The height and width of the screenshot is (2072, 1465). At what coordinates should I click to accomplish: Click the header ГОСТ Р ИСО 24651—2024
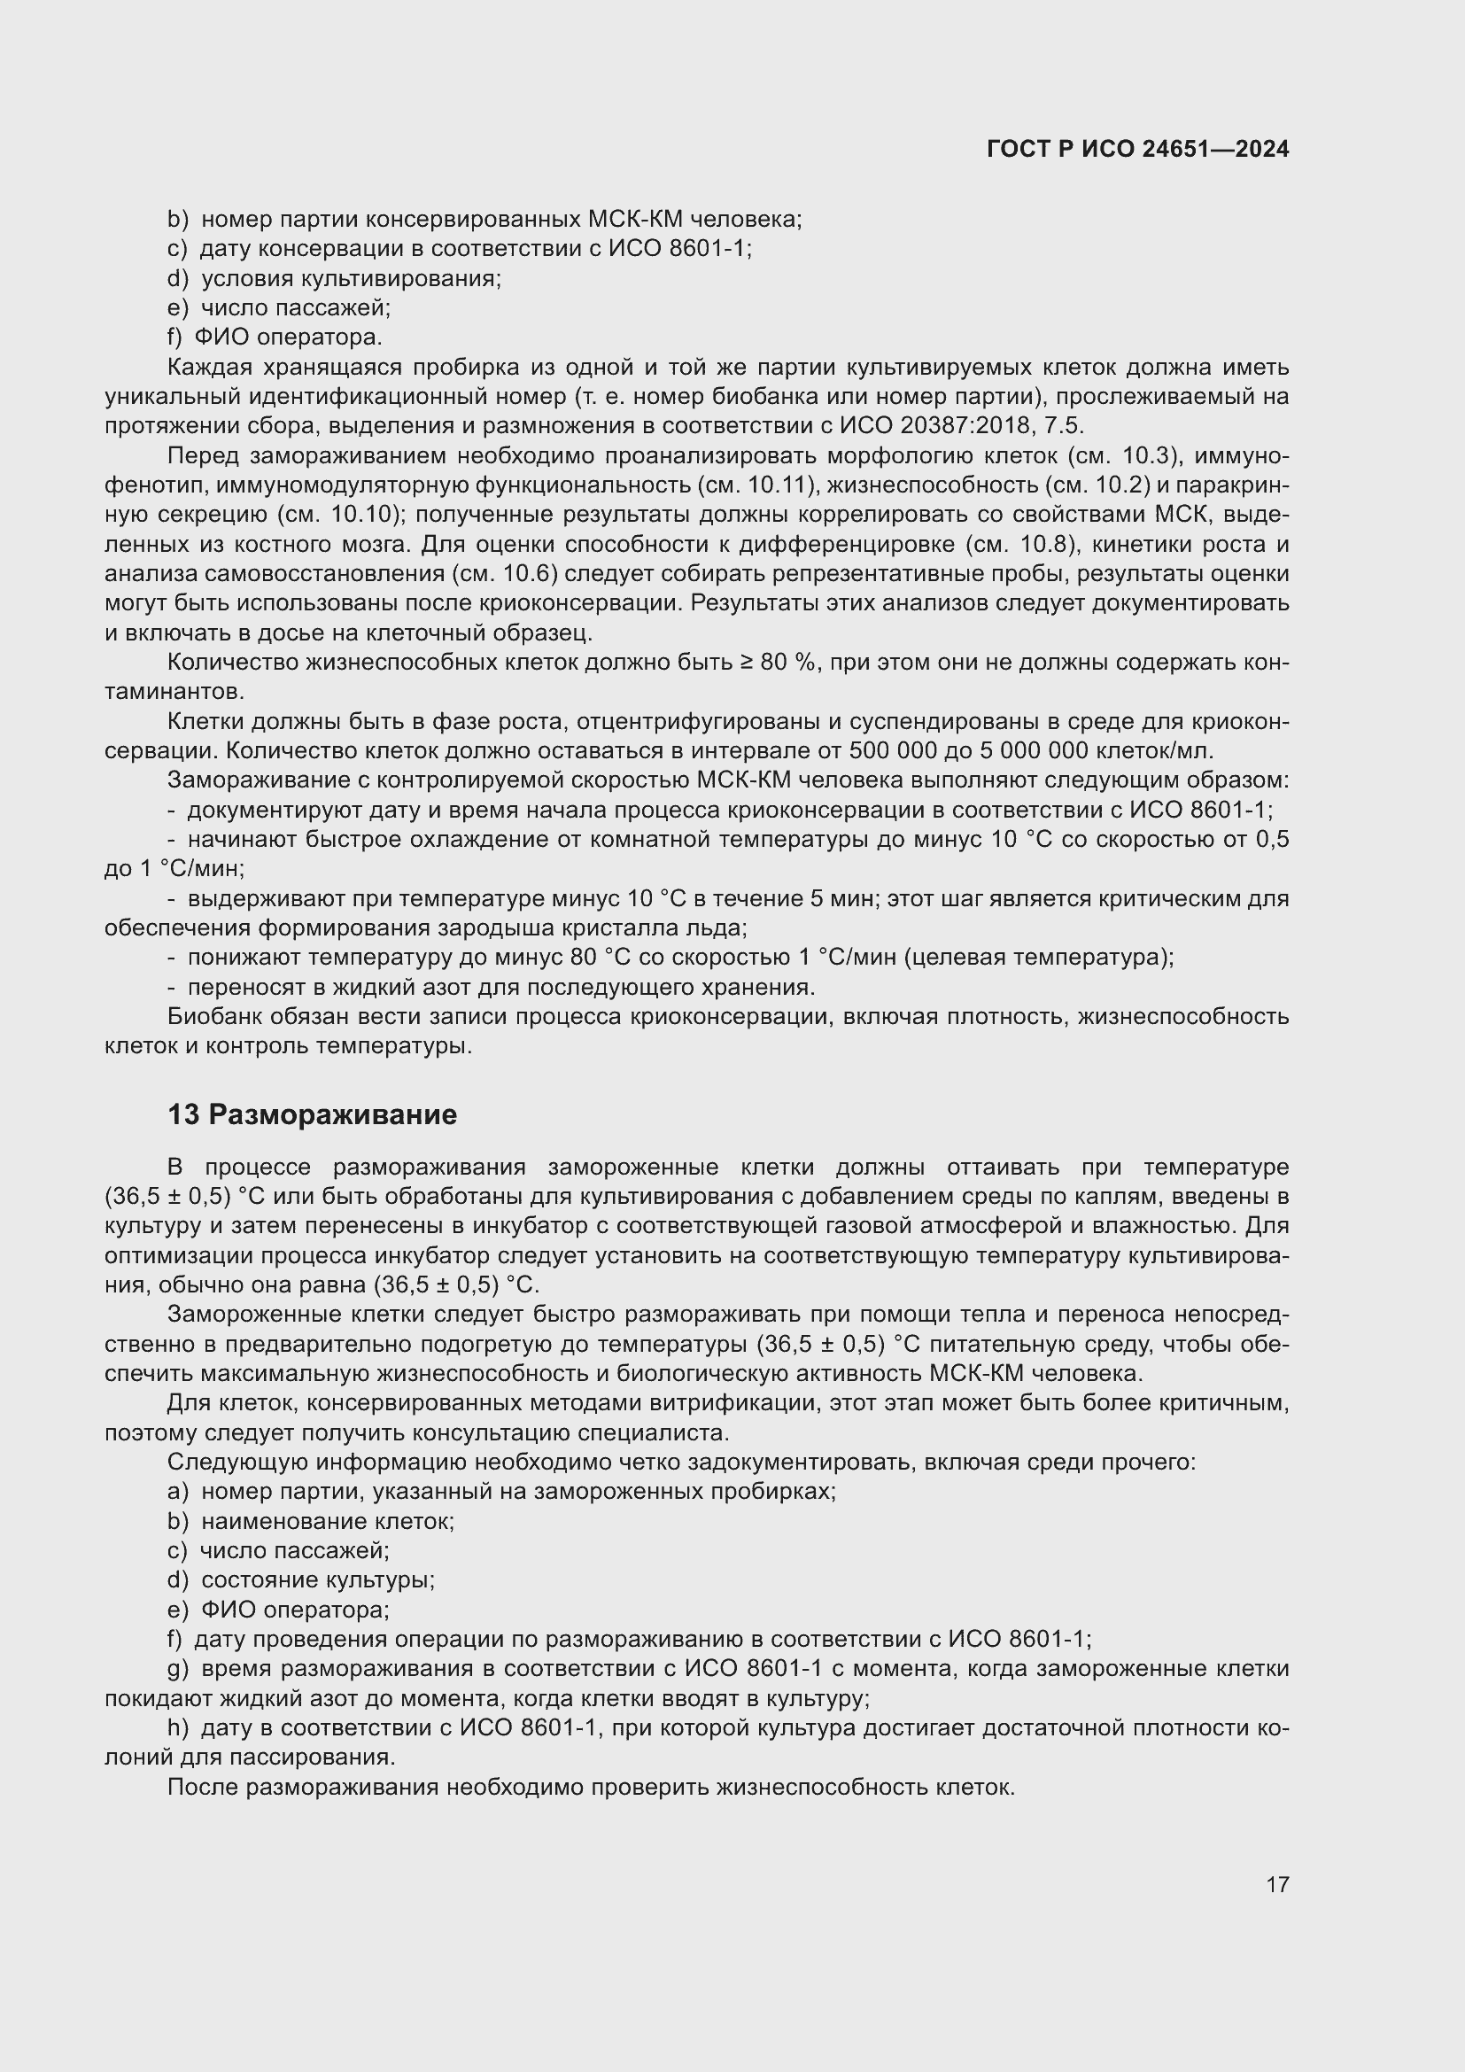point(1137,149)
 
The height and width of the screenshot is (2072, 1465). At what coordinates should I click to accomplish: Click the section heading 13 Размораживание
point(312,1114)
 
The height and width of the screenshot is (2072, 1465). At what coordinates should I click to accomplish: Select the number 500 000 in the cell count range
point(887,751)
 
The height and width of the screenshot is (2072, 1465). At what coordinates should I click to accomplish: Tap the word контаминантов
point(174,692)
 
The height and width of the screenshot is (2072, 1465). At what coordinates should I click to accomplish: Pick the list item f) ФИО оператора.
point(275,338)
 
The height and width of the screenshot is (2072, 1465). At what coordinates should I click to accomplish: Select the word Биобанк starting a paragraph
point(213,1016)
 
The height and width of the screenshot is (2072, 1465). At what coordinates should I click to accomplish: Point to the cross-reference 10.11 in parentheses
point(783,485)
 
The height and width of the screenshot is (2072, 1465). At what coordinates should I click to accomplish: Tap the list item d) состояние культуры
point(301,1580)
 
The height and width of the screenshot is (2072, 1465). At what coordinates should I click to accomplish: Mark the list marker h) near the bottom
point(178,1728)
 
